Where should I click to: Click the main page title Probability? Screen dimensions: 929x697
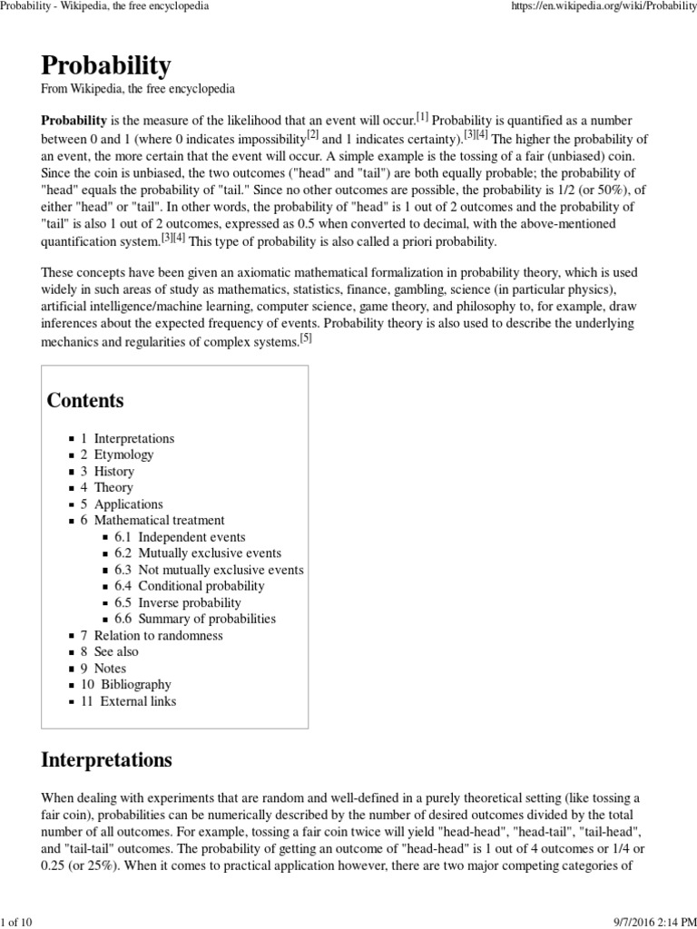105,65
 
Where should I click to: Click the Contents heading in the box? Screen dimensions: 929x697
85,400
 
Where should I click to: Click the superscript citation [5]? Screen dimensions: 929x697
306,338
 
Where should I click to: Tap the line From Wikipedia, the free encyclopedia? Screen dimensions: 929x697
138,90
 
